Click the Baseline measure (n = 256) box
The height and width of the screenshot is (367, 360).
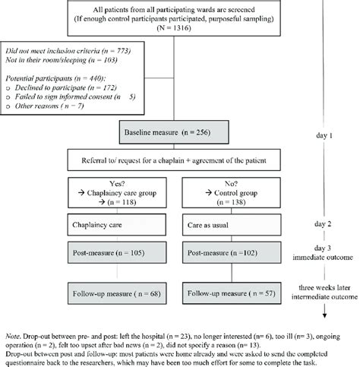point(172,133)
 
